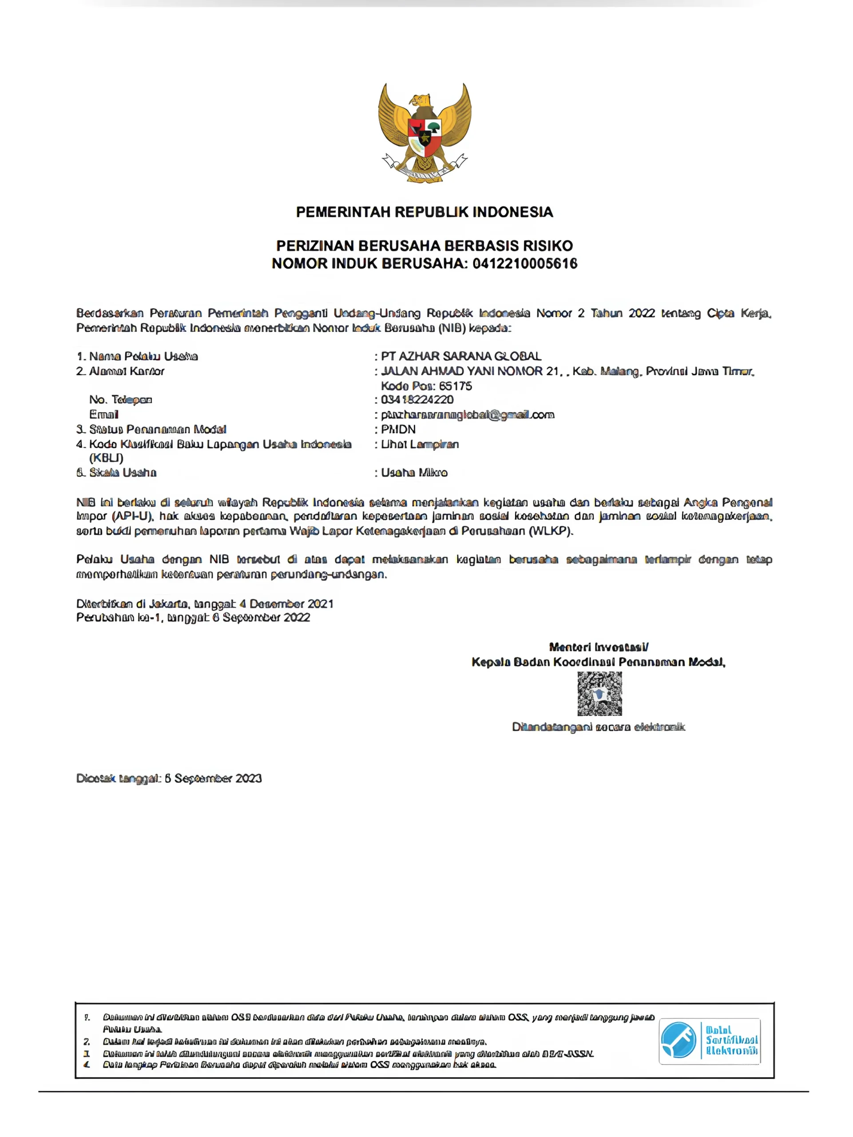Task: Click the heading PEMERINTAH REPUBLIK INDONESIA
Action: click(425, 212)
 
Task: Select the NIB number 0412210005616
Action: click(525, 264)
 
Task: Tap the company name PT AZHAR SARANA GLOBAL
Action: click(461, 356)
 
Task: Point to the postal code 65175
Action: click(455, 386)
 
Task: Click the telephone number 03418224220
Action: click(417, 400)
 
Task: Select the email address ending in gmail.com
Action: click(468, 415)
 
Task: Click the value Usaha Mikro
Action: click(414, 473)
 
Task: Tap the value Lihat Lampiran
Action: click(420, 444)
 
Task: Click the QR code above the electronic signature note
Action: click(599, 693)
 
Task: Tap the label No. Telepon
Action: click(121, 400)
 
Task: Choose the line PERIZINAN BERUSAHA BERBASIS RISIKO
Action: click(425, 246)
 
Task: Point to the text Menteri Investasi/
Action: click(599, 647)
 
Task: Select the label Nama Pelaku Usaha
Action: click(143, 356)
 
